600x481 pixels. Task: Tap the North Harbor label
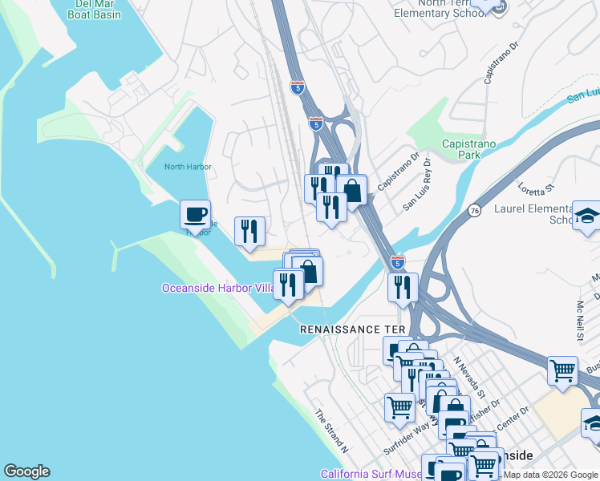[x=188, y=167]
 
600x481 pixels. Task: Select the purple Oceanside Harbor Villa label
[x=218, y=288]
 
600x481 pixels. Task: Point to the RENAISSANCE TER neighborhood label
[x=349, y=329]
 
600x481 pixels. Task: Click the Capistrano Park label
[x=469, y=149]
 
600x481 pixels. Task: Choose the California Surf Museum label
[x=371, y=474]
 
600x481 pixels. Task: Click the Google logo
[x=27, y=471]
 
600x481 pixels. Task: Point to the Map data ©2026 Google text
[x=550, y=475]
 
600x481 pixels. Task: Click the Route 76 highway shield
[x=475, y=210]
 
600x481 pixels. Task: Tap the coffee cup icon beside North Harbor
[x=195, y=214]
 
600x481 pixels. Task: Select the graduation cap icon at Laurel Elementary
[x=587, y=216]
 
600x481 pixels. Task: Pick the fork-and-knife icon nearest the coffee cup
[x=249, y=231]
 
